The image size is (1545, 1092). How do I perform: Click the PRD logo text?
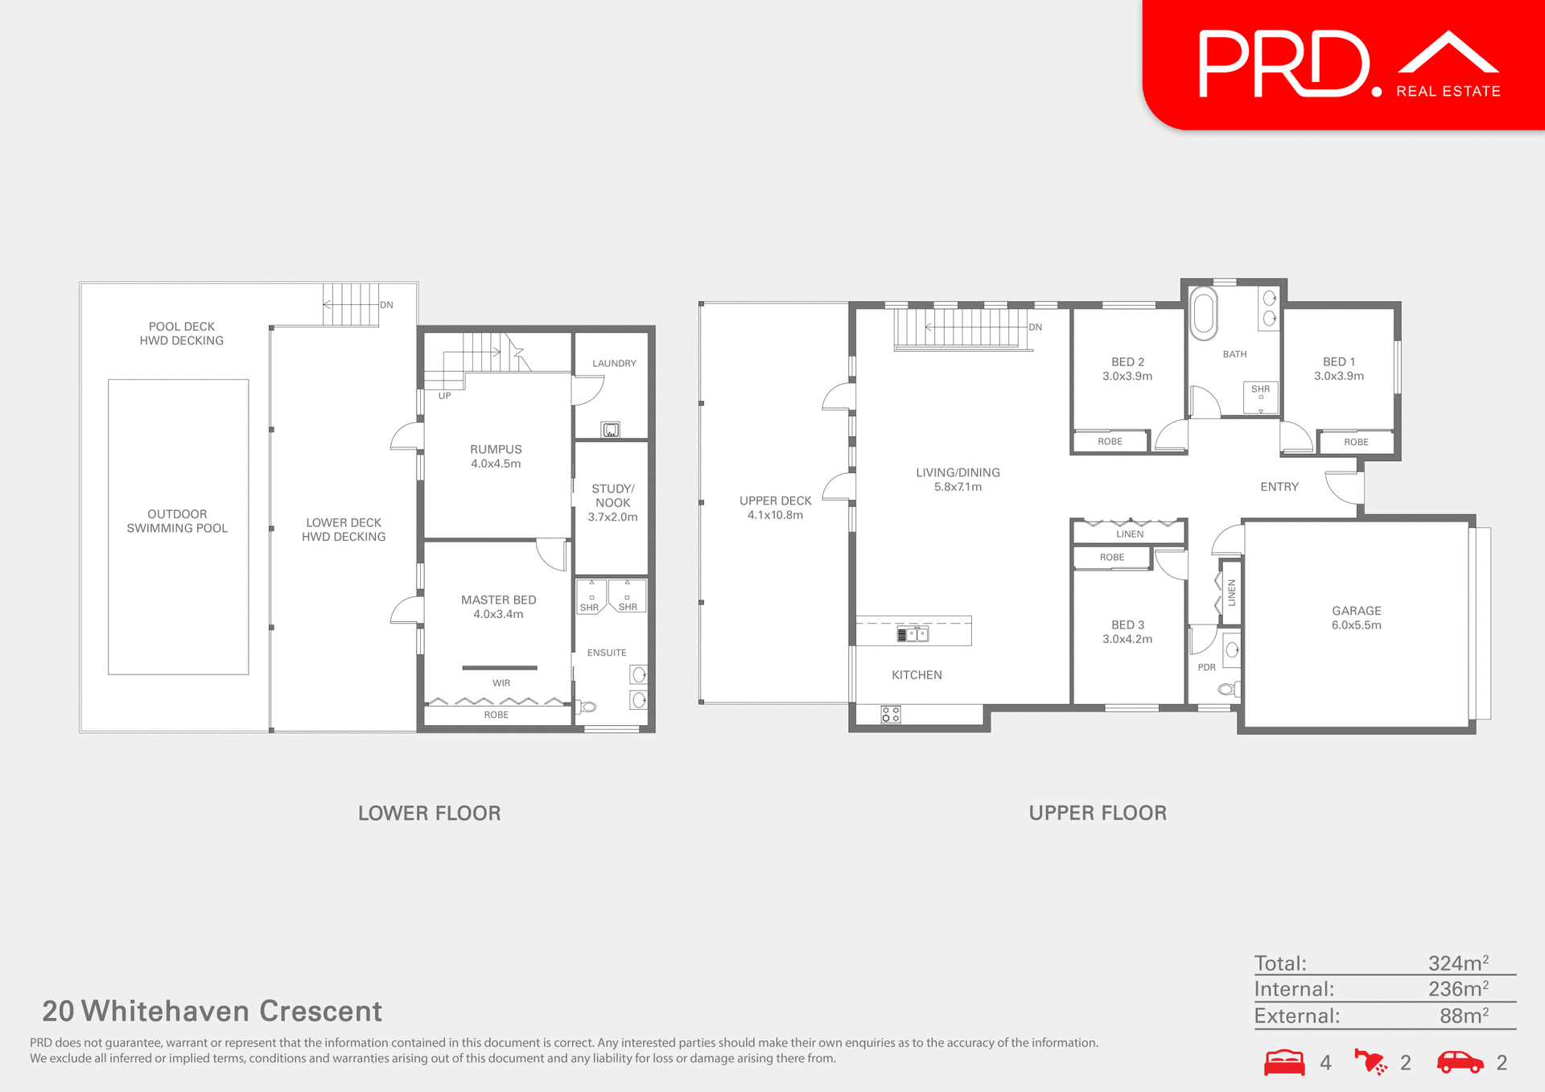[x=1284, y=64]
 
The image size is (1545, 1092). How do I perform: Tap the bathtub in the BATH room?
[x=1204, y=312]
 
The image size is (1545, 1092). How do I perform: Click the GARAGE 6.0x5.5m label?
[x=1356, y=618]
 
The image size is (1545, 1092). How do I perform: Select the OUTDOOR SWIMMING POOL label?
[x=177, y=521]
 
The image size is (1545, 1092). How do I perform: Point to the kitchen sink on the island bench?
[x=913, y=634]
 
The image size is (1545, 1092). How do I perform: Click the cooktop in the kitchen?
[x=890, y=714]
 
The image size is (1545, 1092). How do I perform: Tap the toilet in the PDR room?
[x=1229, y=689]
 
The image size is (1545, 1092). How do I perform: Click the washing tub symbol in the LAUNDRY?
[x=611, y=430]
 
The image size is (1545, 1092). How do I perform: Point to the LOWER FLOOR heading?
[x=429, y=813]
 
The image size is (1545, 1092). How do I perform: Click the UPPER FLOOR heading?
[x=1098, y=813]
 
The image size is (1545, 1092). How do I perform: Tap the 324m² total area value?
[x=1457, y=963]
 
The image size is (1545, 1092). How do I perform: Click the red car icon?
[x=1460, y=1062]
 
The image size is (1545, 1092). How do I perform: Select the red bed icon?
[x=1284, y=1062]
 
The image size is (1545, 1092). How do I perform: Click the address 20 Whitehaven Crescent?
[x=212, y=1011]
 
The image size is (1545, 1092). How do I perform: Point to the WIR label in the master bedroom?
[x=501, y=683]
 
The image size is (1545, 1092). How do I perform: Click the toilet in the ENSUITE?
[x=587, y=707]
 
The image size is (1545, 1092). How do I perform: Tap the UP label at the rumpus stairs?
[x=444, y=396]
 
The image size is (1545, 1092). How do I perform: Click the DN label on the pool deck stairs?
[x=386, y=305]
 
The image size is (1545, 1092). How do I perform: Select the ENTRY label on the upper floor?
[x=1279, y=487]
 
